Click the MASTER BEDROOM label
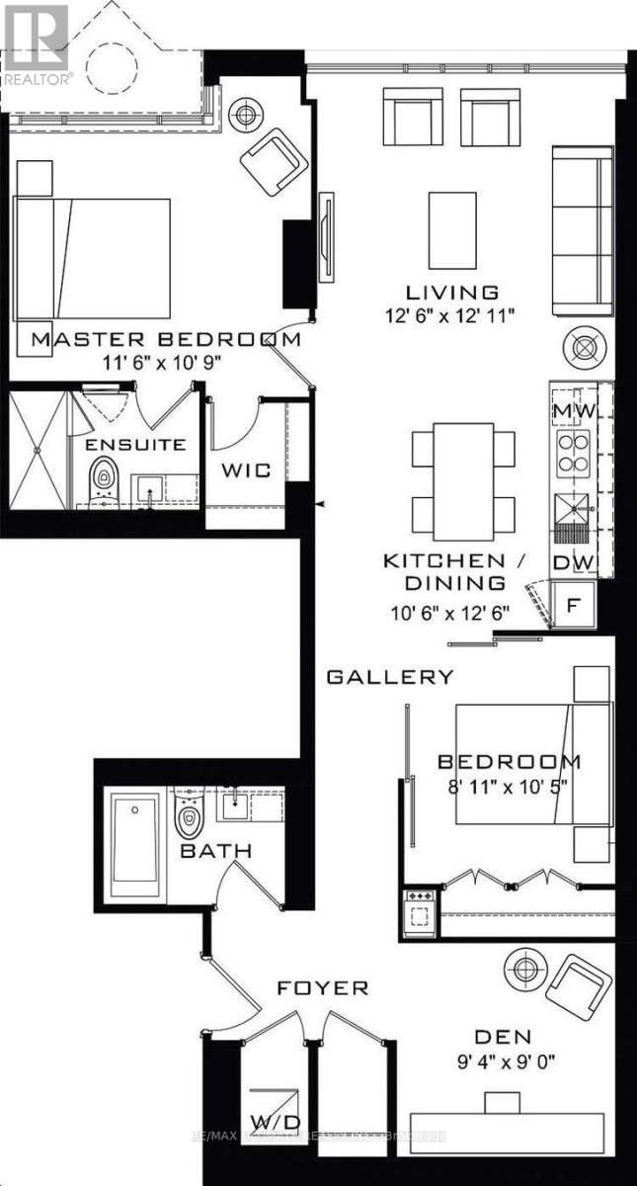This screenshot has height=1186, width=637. coord(166,339)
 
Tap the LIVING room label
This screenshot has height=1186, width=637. coord(452,293)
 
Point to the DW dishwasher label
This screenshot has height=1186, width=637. coord(570,561)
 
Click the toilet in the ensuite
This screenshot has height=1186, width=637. coord(103,481)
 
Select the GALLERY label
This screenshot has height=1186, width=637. coord(390,677)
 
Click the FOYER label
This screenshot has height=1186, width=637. coord(309,987)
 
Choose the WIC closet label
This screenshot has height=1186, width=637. coord(246,470)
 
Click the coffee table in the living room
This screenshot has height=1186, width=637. coord(452,229)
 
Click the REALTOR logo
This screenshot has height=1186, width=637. coord(36,44)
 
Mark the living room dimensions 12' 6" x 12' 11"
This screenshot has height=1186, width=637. coord(452,315)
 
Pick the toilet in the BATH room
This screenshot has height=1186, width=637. coord(189,816)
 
